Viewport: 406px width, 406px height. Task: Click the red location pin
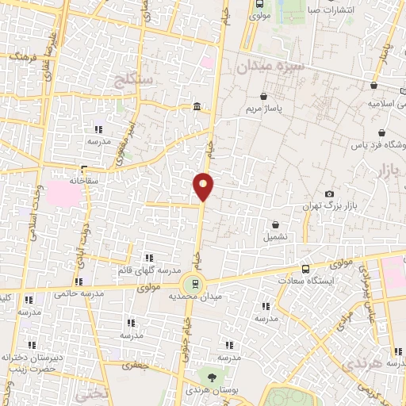[204, 186]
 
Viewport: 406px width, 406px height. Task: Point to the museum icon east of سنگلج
[196, 108]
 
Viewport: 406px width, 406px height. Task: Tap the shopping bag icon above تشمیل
[274, 224]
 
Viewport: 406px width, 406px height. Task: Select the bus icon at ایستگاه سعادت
[306, 269]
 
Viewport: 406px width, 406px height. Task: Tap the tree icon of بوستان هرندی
[212, 377]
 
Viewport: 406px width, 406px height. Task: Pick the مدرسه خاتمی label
[79, 294]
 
